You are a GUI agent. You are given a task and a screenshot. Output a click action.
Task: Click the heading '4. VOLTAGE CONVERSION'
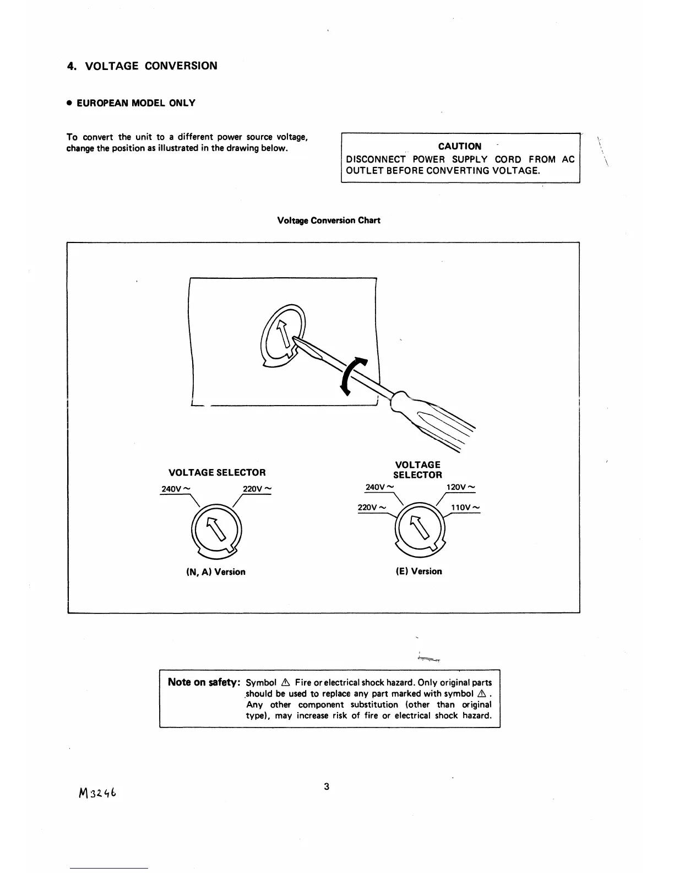(142, 66)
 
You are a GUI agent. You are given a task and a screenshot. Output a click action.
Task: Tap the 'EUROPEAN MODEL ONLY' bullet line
(131, 103)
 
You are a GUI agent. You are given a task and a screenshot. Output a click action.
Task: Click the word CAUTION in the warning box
(459, 146)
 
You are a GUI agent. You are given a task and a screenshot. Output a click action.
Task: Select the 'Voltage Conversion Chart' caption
(329, 220)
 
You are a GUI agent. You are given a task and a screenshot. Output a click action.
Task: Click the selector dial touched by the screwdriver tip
(282, 337)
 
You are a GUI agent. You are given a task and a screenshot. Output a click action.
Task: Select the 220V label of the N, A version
(257, 489)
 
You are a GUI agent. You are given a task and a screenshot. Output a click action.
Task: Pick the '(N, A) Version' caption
(216, 572)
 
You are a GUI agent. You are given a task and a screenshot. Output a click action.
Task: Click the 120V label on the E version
(460, 487)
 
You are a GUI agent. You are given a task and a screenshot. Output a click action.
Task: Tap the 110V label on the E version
(465, 508)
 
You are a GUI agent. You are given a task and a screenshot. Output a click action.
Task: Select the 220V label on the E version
(372, 508)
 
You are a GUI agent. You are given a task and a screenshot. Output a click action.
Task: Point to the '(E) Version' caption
(418, 572)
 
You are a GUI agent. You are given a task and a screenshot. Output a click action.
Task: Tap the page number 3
(327, 786)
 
